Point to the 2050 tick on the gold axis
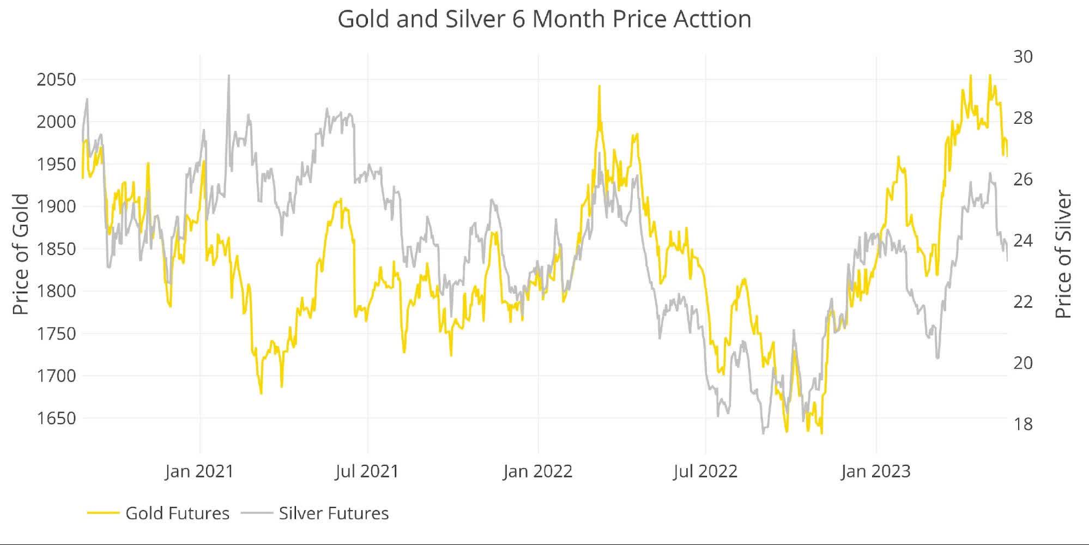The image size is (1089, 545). click(56, 80)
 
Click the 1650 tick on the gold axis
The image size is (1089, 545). click(56, 418)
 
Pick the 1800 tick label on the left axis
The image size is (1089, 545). click(56, 291)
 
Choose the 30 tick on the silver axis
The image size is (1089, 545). click(1023, 57)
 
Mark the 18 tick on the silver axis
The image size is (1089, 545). click(1023, 424)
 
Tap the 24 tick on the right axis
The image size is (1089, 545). click(1023, 240)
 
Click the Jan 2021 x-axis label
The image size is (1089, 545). click(199, 471)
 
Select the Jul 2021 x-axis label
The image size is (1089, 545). click(367, 471)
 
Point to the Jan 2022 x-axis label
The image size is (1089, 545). click(538, 471)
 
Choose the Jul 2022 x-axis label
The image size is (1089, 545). click(705, 471)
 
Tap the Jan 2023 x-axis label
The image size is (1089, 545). click(876, 471)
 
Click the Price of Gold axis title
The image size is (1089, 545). click(21, 255)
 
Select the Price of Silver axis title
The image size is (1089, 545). click(1063, 255)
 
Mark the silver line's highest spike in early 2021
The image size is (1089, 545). click(228, 76)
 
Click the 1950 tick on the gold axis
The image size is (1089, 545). click(56, 164)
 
